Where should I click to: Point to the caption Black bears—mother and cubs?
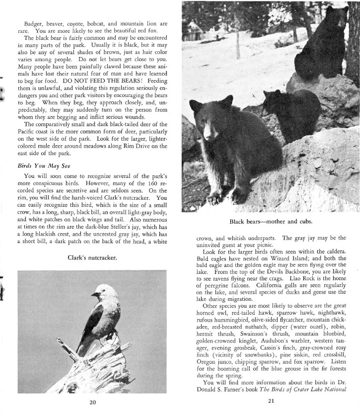[x=270, y=221]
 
